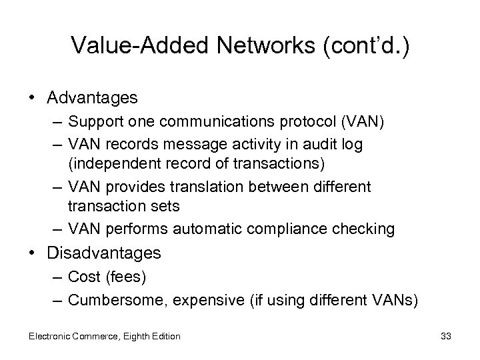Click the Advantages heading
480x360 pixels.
[92, 98]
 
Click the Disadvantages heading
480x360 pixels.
[104, 253]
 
